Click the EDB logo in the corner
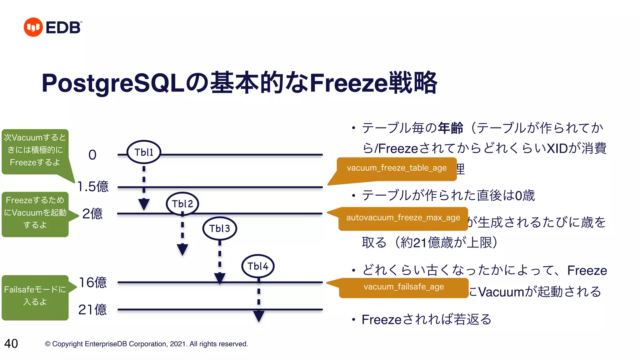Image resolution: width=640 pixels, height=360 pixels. click(x=53, y=27)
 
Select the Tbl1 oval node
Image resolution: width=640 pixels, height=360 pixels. click(x=144, y=152)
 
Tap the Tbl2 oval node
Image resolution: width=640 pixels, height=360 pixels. click(x=182, y=204)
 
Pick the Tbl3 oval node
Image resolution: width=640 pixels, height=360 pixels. click(x=220, y=228)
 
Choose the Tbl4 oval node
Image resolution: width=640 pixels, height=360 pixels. click(x=258, y=266)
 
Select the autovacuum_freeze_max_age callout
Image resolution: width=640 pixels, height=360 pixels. click(x=403, y=218)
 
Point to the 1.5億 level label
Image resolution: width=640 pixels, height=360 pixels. click(x=93, y=187)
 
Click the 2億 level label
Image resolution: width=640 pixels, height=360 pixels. click(x=92, y=214)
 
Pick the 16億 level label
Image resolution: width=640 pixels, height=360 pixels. click(x=93, y=282)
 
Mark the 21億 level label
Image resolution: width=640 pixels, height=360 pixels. click(x=92, y=310)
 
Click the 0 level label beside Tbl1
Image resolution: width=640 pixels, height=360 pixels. click(x=92, y=155)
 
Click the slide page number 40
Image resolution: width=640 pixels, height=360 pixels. click(x=11, y=343)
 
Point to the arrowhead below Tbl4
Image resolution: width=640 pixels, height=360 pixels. click(x=259, y=316)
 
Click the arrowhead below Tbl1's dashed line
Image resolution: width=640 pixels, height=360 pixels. click(x=144, y=204)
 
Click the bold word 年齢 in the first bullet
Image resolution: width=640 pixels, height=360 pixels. click(x=450, y=128)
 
